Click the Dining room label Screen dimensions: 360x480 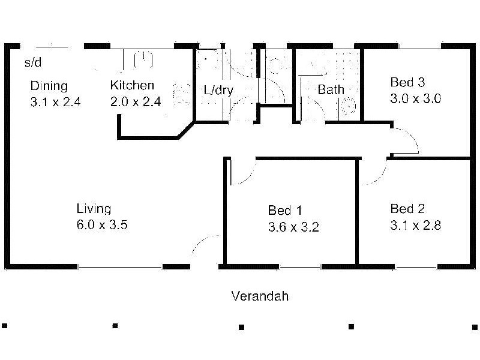(x=49, y=86)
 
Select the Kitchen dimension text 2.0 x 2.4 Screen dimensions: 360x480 (x=136, y=101)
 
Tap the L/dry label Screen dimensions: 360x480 (x=218, y=91)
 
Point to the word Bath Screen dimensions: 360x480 (x=331, y=90)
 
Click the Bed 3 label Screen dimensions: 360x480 (x=407, y=82)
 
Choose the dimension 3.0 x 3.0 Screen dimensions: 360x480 (x=415, y=98)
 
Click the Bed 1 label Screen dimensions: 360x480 (x=284, y=211)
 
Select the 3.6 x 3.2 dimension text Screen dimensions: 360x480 (x=293, y=227)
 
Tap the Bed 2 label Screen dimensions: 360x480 (x=407, y=209)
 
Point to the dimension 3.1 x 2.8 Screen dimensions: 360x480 (x=415, y=226)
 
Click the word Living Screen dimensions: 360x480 (x=94, y=209)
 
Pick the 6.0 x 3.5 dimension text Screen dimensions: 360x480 (x=102, y=226)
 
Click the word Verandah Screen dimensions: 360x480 (x=260, y=296)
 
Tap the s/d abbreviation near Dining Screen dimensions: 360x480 (x=32, y=62)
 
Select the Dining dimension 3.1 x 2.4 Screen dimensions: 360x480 (x=55, y=101)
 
